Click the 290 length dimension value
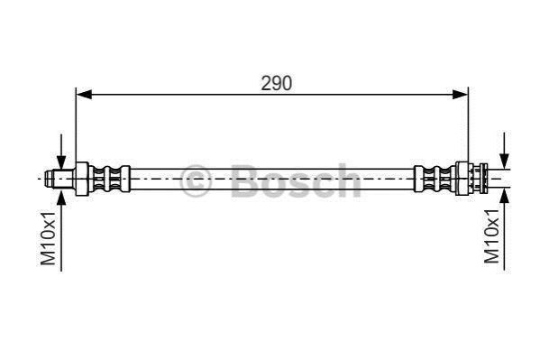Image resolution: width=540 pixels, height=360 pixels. [x=276, y=83]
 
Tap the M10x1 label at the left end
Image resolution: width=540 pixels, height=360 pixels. [x=48, y=238]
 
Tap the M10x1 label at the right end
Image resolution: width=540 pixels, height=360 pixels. [x=491, y=235]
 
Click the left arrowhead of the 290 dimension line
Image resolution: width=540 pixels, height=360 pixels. [x=84, y=94]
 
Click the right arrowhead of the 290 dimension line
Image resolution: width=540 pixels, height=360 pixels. [x=460, y=94]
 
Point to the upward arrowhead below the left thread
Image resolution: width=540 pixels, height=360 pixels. [x=61, y=196]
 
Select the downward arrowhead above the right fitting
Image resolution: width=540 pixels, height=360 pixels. [x=505, y=162]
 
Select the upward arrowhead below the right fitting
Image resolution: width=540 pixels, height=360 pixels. [x=505, y=196]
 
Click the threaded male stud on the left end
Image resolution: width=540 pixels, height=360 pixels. [x=59, y=179]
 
